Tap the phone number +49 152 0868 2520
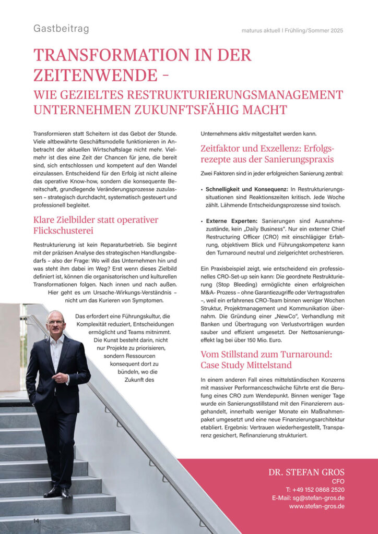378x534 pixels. coord(315,490)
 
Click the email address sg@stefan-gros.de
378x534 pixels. coord(315,498)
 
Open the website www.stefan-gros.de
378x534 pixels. coord(316,506)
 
